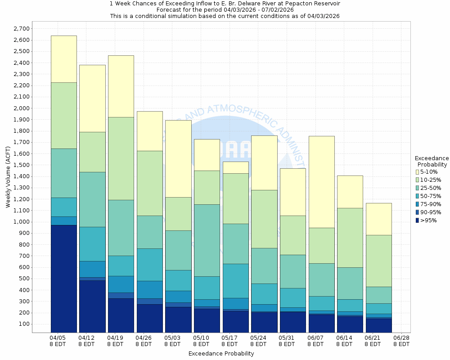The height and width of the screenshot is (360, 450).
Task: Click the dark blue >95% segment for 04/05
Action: (63, 279)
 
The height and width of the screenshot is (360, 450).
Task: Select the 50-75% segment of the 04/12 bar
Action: (92, 244)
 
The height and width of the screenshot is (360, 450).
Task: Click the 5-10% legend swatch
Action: (418, 172)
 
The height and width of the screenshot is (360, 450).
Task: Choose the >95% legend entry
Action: (428, 220)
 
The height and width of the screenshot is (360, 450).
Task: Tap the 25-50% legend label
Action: (431, 188)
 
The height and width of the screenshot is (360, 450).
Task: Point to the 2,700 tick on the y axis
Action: (21, 29)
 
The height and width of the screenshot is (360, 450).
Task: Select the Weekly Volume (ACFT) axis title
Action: (8, 177)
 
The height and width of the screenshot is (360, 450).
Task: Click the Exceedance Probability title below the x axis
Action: (221, 354)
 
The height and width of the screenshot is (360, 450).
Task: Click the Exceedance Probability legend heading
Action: (432, 162)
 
